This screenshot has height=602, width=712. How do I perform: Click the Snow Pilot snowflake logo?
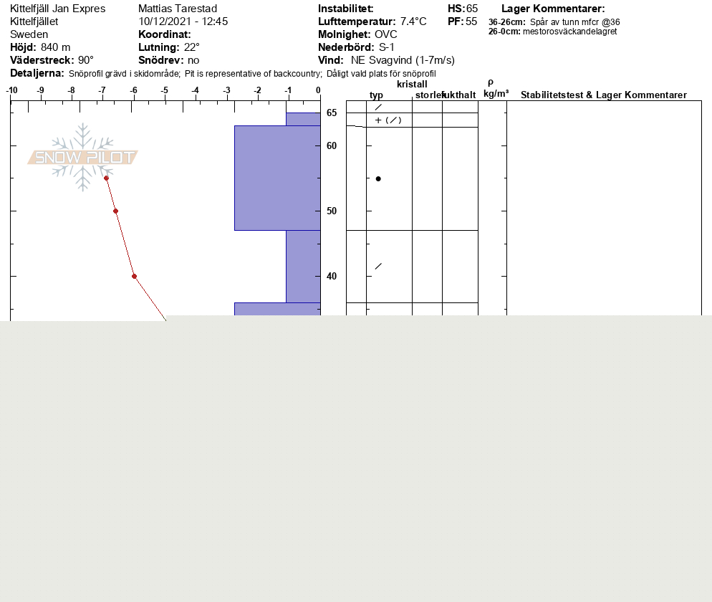click(82, 157)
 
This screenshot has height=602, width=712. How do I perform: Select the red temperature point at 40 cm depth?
click(135, 276)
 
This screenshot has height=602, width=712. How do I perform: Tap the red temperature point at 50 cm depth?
click(116, 211)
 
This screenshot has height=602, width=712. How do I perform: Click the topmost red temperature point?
click(106, 178)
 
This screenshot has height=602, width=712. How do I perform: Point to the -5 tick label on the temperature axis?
click(164, 90)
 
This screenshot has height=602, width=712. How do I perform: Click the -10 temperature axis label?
click(11, 90)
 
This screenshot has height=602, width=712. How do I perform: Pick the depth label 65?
click(332, 113)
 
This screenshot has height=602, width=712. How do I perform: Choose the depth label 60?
click(332, 146)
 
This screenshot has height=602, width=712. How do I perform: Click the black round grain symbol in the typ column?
click(378, 179)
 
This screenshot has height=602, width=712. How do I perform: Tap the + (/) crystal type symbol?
click(388, 120)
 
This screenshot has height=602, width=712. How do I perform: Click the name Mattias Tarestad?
click(178, 9)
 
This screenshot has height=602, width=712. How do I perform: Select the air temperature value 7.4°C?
click(413, 21)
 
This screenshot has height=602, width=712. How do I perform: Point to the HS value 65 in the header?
click(472, 9)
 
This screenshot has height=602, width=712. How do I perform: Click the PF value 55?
click(471, 21)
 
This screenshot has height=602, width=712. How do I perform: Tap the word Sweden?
click(29, 34)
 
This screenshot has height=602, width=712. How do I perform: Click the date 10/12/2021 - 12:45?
click(183, 21)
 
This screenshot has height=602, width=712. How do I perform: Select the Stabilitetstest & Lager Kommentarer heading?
click(603, 95)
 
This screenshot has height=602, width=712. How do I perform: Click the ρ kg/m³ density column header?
click(496, 89)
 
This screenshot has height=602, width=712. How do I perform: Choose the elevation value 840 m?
click(55, 47)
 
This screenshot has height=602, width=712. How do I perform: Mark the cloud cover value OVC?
click(386, 34)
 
